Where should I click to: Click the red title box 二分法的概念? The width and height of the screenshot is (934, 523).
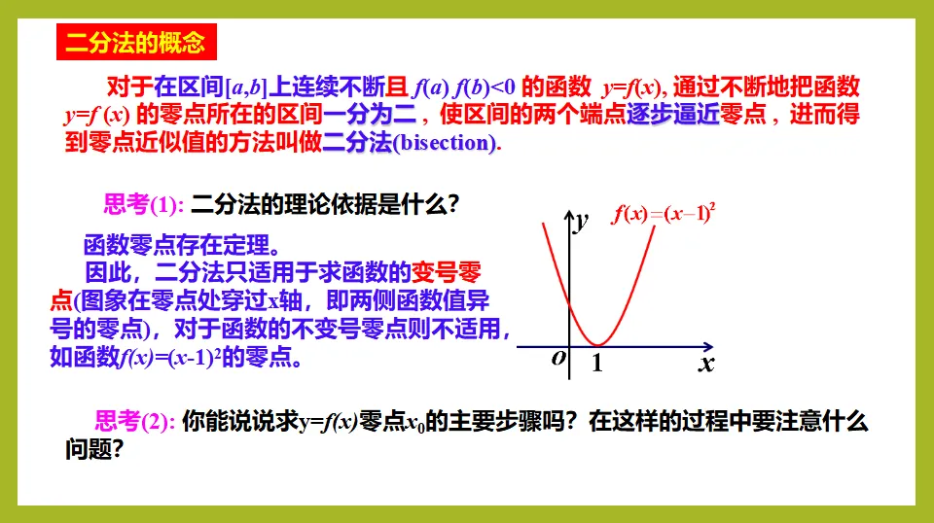136,42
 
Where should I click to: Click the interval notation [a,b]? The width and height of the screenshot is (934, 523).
246,87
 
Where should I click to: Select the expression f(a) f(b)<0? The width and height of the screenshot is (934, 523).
463,87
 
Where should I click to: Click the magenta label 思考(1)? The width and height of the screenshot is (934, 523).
144,204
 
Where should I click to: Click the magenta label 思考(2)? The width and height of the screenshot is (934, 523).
134,421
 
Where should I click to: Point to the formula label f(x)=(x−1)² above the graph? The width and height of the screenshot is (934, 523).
663,213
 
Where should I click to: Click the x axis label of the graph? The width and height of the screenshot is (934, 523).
706,363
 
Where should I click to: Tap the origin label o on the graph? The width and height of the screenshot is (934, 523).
558,357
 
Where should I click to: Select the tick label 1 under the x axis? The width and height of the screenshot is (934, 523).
597,363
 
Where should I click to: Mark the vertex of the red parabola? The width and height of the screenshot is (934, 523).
597,344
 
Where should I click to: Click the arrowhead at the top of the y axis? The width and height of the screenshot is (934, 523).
569,215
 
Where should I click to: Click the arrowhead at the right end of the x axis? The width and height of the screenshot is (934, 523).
708,346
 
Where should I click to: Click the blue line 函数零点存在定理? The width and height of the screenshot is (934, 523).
182,245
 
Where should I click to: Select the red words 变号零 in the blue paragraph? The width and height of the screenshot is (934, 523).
447,272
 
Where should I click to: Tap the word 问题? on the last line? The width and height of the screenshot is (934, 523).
93,448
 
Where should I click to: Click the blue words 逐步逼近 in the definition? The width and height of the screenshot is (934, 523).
673,114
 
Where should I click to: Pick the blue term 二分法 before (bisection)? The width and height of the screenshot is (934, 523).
357,142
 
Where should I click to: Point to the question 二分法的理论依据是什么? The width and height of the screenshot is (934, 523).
325,204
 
